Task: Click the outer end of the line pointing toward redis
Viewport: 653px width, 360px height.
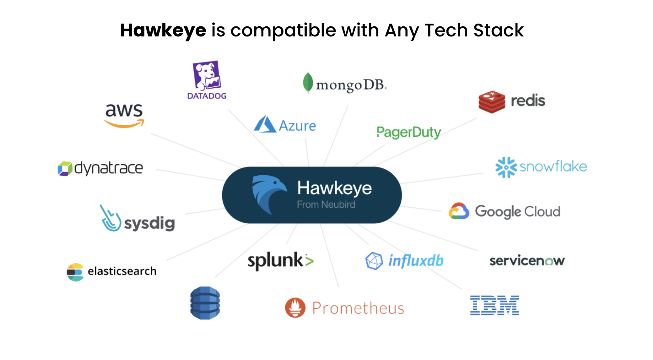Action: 477,118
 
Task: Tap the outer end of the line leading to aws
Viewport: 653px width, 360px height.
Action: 151,134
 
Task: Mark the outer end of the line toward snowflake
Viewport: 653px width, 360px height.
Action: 483,173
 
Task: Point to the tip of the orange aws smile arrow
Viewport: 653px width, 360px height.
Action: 143,121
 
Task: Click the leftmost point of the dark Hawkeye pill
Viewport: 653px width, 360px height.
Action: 222,195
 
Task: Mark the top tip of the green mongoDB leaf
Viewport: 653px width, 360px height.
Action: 308,73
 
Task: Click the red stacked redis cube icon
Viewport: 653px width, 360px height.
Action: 492,102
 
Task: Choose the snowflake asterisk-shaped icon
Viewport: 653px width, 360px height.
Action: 506,167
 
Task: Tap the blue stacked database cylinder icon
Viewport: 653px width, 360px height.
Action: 205,303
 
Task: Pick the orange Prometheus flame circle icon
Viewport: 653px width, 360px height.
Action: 295,308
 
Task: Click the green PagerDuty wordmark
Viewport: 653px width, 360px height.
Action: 409,132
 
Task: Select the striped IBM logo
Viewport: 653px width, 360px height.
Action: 494,305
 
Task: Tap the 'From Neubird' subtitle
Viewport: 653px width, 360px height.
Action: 326,205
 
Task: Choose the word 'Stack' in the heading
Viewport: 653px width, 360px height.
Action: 499,30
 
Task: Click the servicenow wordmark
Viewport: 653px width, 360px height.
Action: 527,261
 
